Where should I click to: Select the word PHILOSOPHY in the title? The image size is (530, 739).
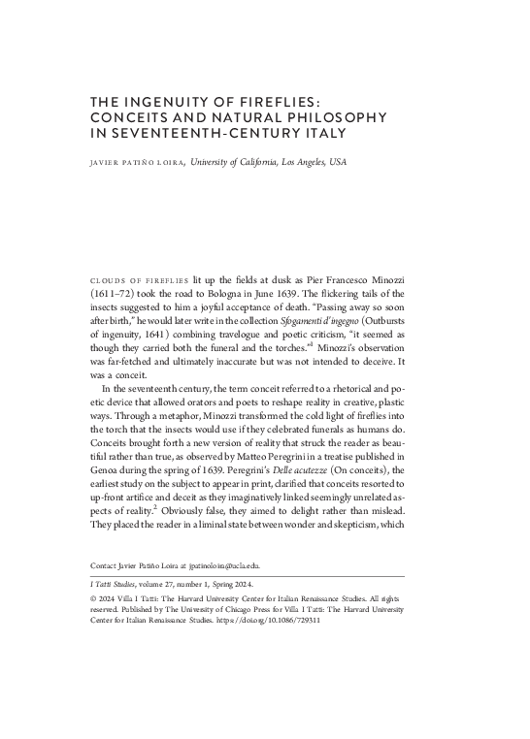pos(338,115)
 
